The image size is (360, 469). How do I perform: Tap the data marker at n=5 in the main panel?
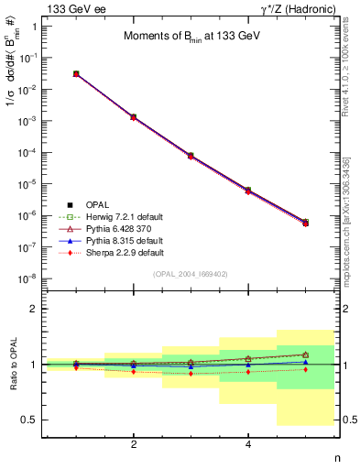click(x=305, y=223)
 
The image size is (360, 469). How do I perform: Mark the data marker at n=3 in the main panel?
click(x=191, y=156)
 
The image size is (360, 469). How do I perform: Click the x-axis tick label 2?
click(x=134, y=444)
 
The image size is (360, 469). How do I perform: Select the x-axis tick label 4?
click(x=248, y=444)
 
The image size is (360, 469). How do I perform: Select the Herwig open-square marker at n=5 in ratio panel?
click(x=305, y=354)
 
